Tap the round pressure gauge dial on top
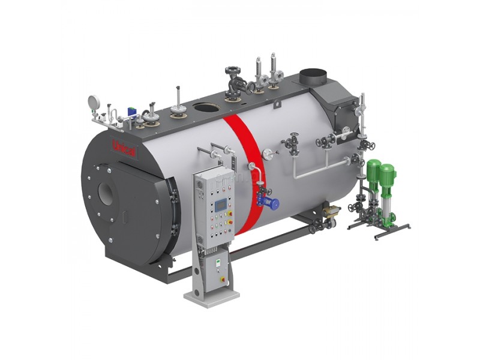pos(94,101)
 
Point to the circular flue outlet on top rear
pos(312,77)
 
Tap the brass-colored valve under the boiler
pos(332,210)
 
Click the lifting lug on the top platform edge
pos(277,105)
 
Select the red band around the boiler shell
pos(240,162)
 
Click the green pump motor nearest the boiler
pos(373,173)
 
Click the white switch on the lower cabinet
pos(219,263)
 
